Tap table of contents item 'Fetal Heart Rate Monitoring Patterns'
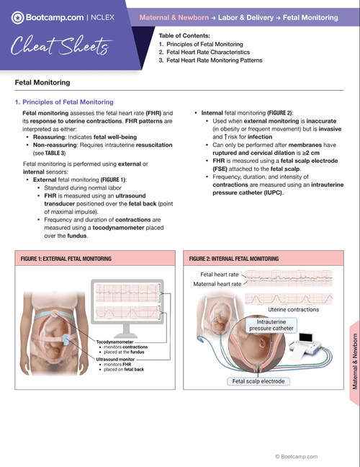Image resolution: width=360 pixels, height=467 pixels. tap(215, 61)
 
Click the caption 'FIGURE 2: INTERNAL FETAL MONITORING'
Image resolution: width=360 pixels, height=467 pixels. tap(234, 258)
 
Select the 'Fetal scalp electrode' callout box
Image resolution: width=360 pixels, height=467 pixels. tap(258, 381)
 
